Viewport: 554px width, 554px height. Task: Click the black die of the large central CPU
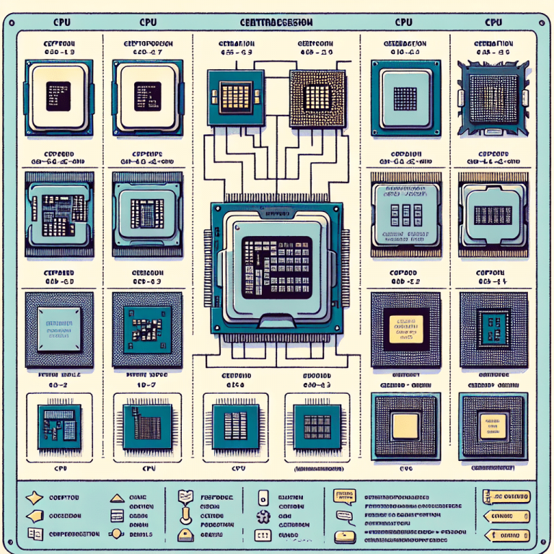coord(276,266)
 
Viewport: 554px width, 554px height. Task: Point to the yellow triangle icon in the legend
coord(115,498)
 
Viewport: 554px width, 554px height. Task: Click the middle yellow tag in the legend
coord(506,516)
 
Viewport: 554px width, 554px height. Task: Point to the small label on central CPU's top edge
coord(276,214)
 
